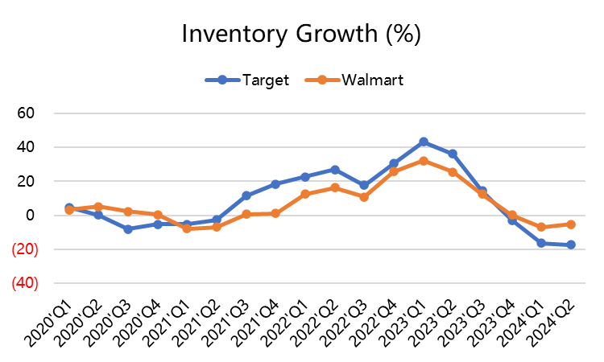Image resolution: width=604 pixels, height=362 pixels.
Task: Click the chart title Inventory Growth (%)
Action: [x=301, y=35]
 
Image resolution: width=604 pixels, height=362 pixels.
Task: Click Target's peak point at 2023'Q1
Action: [x=424, y=142]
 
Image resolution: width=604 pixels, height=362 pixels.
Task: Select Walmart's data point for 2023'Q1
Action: [x=424, y=161]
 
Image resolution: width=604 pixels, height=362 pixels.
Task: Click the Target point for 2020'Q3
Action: [x=127, y=229]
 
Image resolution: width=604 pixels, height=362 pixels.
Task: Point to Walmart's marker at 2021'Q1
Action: [x=187, y=228]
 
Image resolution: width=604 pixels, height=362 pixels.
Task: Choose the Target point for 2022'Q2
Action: [x=335, y=170]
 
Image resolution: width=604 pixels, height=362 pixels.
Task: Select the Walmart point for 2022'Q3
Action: [x=364, y=197]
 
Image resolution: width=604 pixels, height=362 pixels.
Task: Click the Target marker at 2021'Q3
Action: [x=246, y=195]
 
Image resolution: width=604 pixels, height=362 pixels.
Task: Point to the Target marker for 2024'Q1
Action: [x=542, y=243]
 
